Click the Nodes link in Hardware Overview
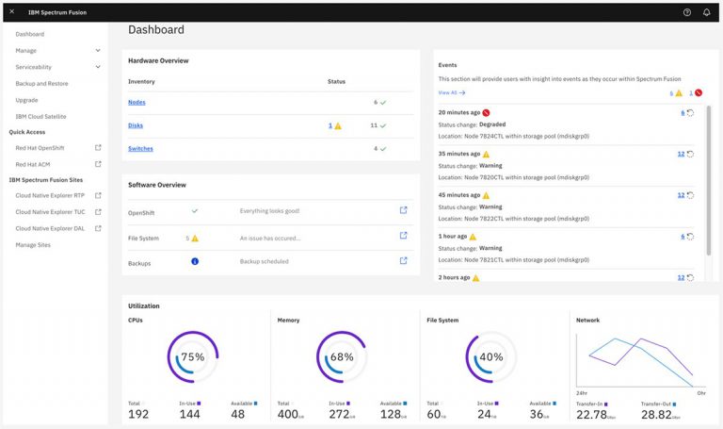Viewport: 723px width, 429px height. point(137,102)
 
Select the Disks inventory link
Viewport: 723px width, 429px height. point(136,125)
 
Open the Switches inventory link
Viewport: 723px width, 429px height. point(140,148)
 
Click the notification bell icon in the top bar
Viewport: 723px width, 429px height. point(706,12)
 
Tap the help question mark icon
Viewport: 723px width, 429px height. point(686,12)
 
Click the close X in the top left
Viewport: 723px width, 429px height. point(11,11)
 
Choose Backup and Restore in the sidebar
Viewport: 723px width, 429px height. point(41,84)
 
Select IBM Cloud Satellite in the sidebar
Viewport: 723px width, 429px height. point(40,116)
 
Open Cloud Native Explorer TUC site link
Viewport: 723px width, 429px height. point(50,212)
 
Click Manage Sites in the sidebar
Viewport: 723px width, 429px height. point(33,245)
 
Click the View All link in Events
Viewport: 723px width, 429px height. point(448,93)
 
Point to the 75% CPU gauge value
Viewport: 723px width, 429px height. point(192,357)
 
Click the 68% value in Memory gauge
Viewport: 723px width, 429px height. point(342,357)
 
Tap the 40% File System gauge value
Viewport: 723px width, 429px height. point(490,357)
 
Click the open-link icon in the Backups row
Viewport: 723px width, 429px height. point(404,261)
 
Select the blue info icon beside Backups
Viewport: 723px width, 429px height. point(195,261)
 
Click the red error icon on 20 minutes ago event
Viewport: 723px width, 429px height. point(486,112)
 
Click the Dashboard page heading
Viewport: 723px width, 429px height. point(156,30)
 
